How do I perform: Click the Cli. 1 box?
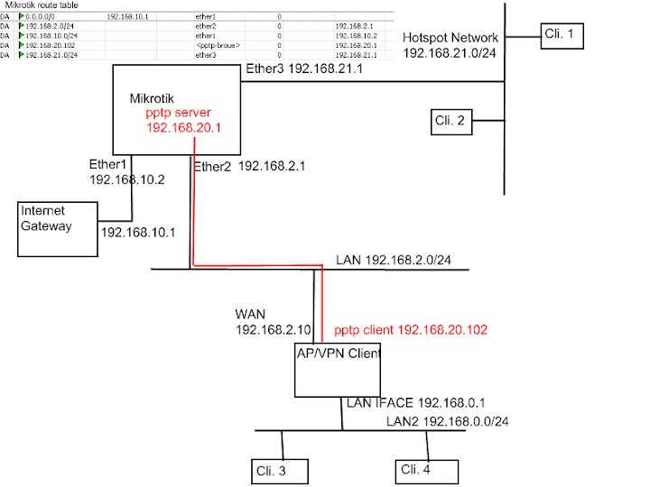click(x=563, y=36)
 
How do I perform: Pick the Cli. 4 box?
click(x=426, y=470)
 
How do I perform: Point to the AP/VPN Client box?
click(x=339, y=370)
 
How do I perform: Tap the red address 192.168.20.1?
click(x=184, y=129)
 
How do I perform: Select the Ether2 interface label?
click(x=211, y=166)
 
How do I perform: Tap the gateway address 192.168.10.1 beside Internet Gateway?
click(x=138, y=232)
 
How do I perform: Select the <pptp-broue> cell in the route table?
click(x=218, y=44)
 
